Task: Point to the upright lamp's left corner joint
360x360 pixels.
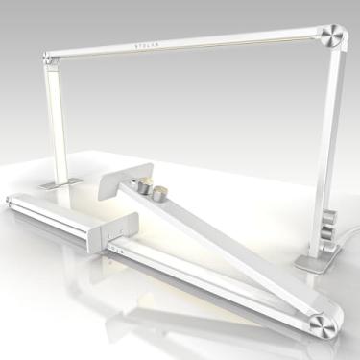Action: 45,59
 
